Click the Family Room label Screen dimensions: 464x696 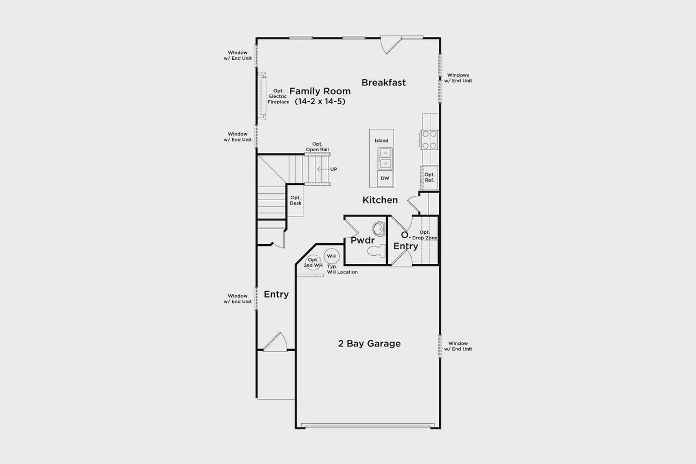pos(320,91)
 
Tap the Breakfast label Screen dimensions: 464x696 pos(383,83)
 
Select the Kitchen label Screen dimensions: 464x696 pos(380,200)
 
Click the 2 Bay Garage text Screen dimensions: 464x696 pos(369,344)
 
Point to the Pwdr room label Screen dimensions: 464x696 pos(362,240)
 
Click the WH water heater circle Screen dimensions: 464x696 pos(331,256)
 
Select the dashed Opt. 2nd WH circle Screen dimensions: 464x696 pos(313,263)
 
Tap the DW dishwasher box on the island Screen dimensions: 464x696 pos(385,178)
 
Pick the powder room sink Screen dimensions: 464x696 pos(378,228)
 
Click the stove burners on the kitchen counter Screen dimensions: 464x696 pos(428,140)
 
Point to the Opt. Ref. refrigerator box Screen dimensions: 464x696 pos(430,177)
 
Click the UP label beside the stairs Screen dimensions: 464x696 pos(333,169)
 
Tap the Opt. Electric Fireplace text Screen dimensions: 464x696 pos(278,96)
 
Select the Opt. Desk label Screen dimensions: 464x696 pos(295,200)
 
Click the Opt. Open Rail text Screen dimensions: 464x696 pos(317,147)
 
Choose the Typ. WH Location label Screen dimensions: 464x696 pos(343,269)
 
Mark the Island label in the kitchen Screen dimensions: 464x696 pos(382,140)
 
